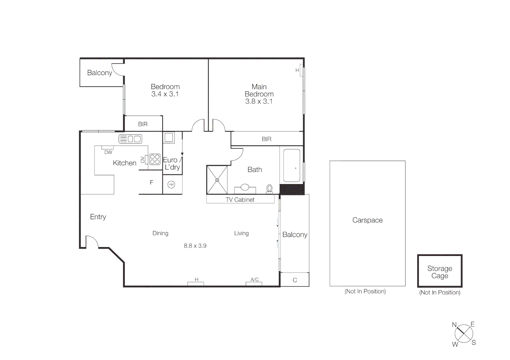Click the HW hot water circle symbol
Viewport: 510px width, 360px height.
click(x=171, y=184)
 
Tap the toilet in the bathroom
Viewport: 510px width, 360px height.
click(x=270, y=189)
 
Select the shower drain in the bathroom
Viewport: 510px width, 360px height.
click(x=217, y=180)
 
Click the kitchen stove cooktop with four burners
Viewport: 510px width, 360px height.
click(x=155, y=159)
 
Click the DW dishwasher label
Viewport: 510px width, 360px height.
click(x=108, y=152)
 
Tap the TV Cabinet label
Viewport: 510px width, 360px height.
click(x=240, y=200)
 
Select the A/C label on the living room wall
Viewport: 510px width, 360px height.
click(x=254, y=280)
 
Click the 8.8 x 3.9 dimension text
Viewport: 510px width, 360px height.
click(x=195, y=246)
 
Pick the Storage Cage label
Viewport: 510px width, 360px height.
click(x=440, y=272)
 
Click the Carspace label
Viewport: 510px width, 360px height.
click(x=367, y=220)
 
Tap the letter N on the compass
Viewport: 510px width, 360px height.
click(x=454, y=325)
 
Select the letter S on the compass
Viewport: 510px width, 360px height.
click(x=474, y=342)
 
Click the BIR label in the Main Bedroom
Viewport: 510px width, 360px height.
click(x=266, y=139)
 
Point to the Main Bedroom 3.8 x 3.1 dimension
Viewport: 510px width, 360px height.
click(x=259, y=101)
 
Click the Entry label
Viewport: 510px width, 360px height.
click(x=98, y=217)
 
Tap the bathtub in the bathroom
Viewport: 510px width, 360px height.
click(x=292, y=166)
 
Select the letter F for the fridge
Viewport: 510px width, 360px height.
click(x=151, y=182)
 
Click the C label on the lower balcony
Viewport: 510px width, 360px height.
click(x=295, y=280)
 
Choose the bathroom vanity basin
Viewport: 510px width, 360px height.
click(x=245, y=187)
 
